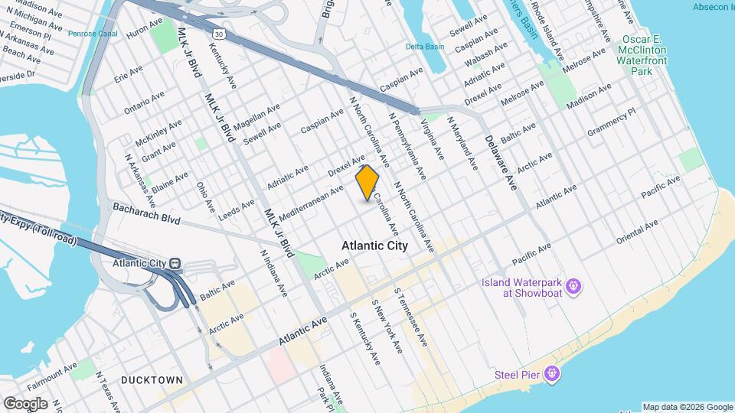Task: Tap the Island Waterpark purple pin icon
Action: (575, 288)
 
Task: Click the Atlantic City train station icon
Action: (175, 263)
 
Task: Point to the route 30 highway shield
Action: (220, 34)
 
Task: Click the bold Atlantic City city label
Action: (375, 246)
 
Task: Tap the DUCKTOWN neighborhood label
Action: (152, 380)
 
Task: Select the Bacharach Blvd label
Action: (145, 213)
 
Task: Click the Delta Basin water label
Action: (425, 47)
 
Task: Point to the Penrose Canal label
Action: (93, 34)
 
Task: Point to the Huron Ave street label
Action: (144, 30)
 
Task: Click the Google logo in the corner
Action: (25, 404)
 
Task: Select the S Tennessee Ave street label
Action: (412, 318)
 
